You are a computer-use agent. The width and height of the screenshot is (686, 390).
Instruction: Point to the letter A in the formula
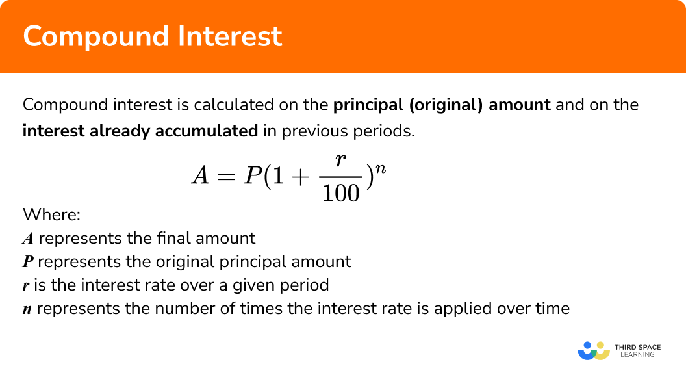click(x=199, y=175)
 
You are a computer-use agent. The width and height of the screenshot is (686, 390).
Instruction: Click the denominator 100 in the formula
click(x=341, y=192)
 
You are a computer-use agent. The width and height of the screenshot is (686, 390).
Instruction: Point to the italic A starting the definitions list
click(x=28, y=239)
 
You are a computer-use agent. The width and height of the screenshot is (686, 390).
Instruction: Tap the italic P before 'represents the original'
click(x=28, y=262)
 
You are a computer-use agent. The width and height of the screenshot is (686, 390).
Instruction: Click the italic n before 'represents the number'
click(x=27, y=309)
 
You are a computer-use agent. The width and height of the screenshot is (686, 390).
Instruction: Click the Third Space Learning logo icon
click(x=593, y=351)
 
